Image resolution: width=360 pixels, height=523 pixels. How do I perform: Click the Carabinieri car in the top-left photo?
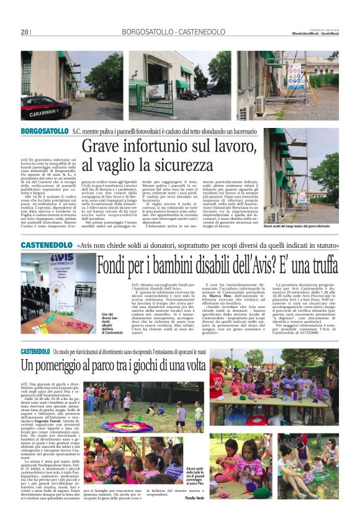[46, 107]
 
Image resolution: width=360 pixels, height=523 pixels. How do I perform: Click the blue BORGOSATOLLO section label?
[44, 131]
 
